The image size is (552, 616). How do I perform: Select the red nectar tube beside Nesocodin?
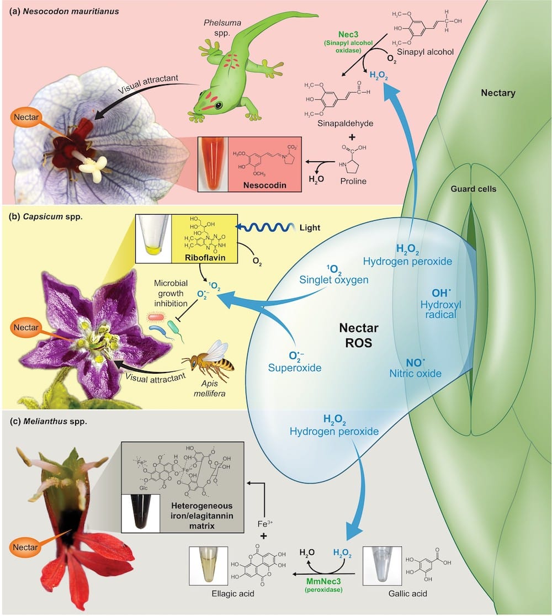tap(213, 165)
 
